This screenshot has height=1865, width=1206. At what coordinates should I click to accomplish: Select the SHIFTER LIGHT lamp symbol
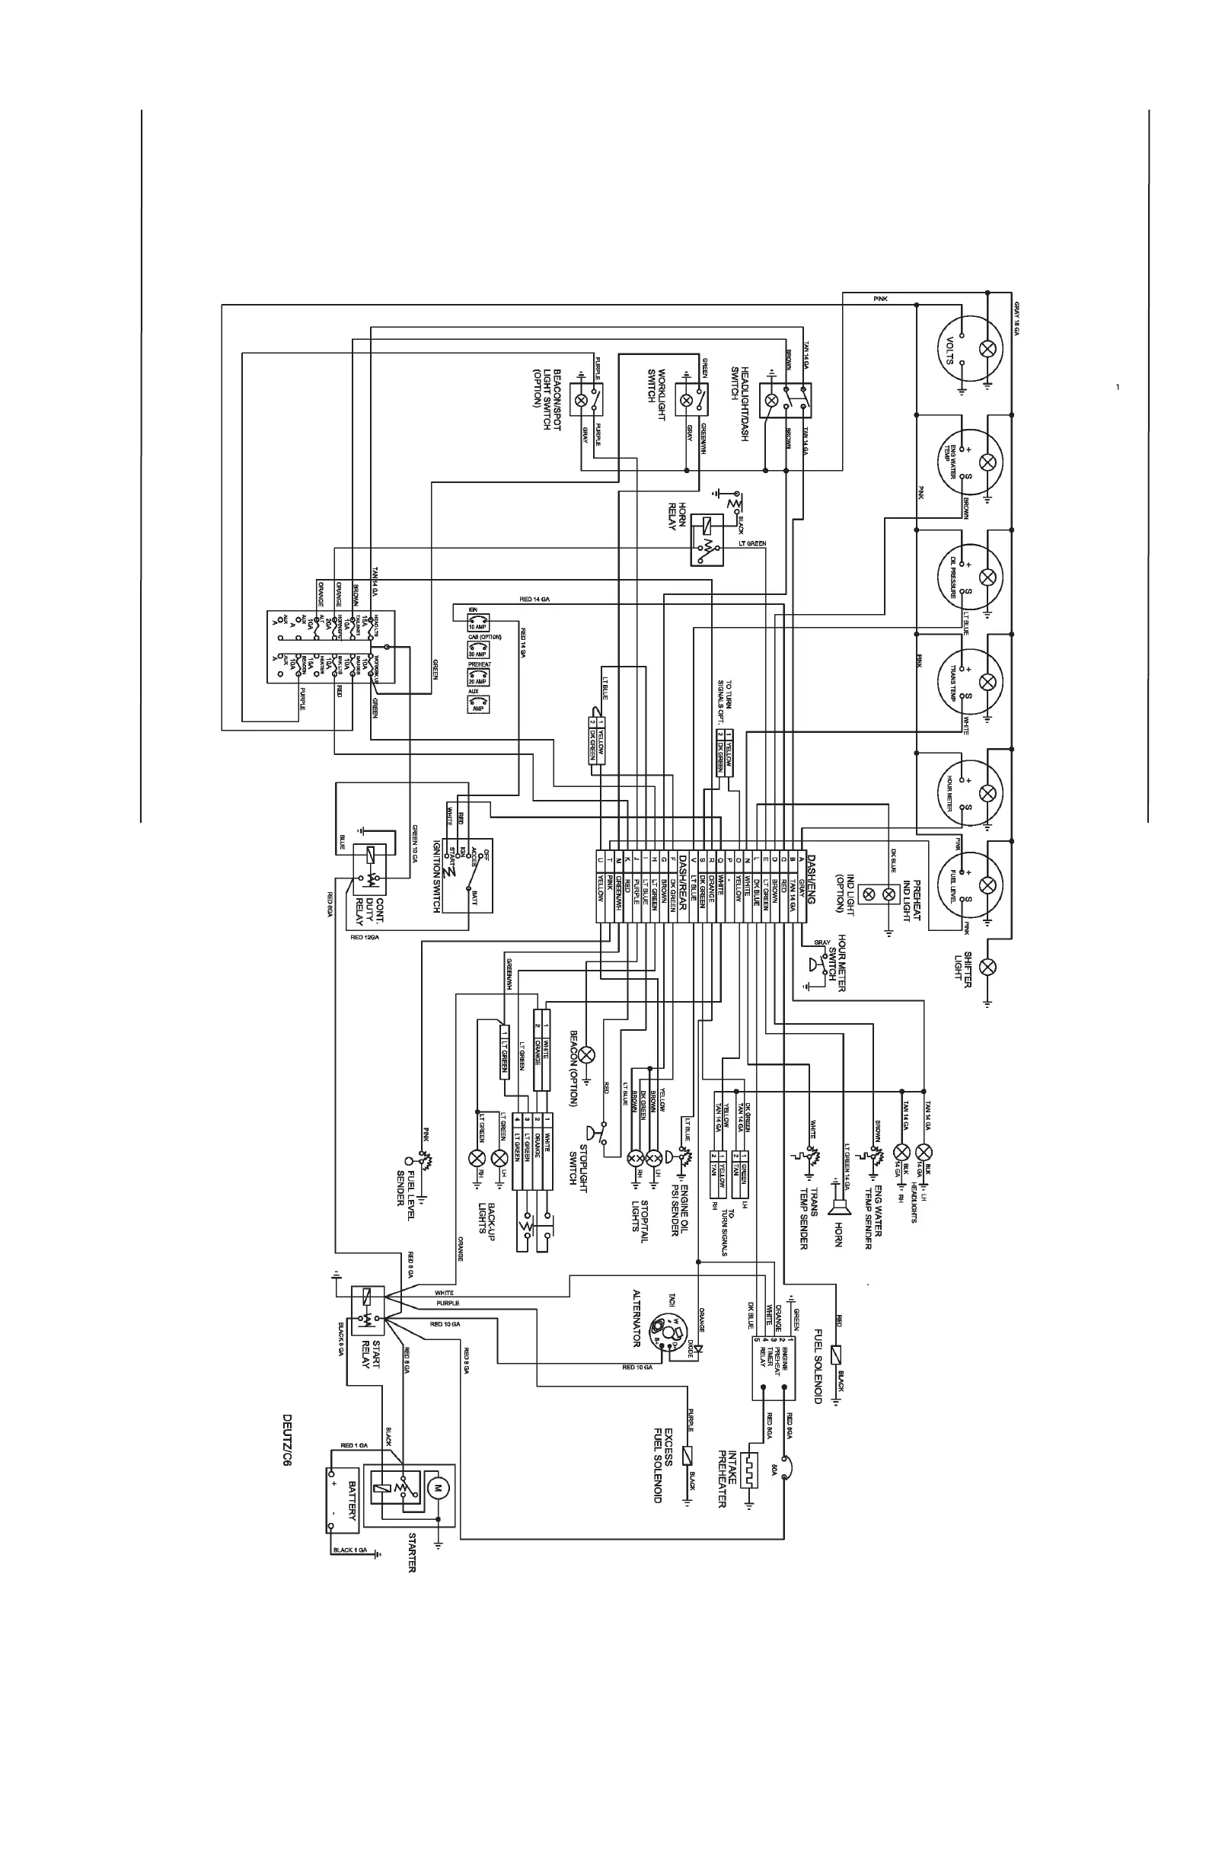pyautogui.click(x=988, y=967)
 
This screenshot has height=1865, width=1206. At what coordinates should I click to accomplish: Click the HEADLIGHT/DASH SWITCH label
pyautogui.click(x=740, y=403)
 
